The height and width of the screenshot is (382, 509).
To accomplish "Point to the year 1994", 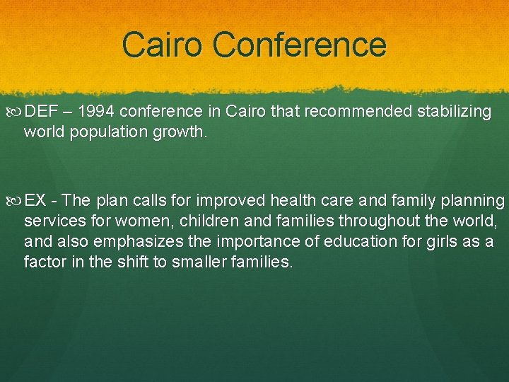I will pyautogui.click(x=100, y=112).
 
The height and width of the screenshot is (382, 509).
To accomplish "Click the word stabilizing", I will pyautogui.click(x=452, y=112).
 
